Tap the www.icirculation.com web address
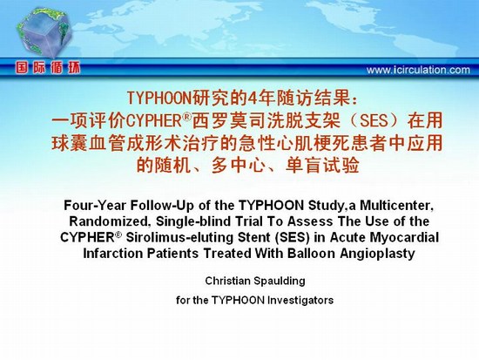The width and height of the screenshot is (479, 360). pos(418,70)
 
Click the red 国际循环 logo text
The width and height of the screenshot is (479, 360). pos(48,67)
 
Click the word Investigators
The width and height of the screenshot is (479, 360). pos(300,300)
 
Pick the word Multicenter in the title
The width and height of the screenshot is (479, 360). pos(396,205)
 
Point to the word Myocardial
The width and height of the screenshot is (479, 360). pos(404,238)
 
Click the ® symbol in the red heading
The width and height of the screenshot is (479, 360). pos(187,117)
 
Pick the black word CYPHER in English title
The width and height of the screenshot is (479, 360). pos(87,238)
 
